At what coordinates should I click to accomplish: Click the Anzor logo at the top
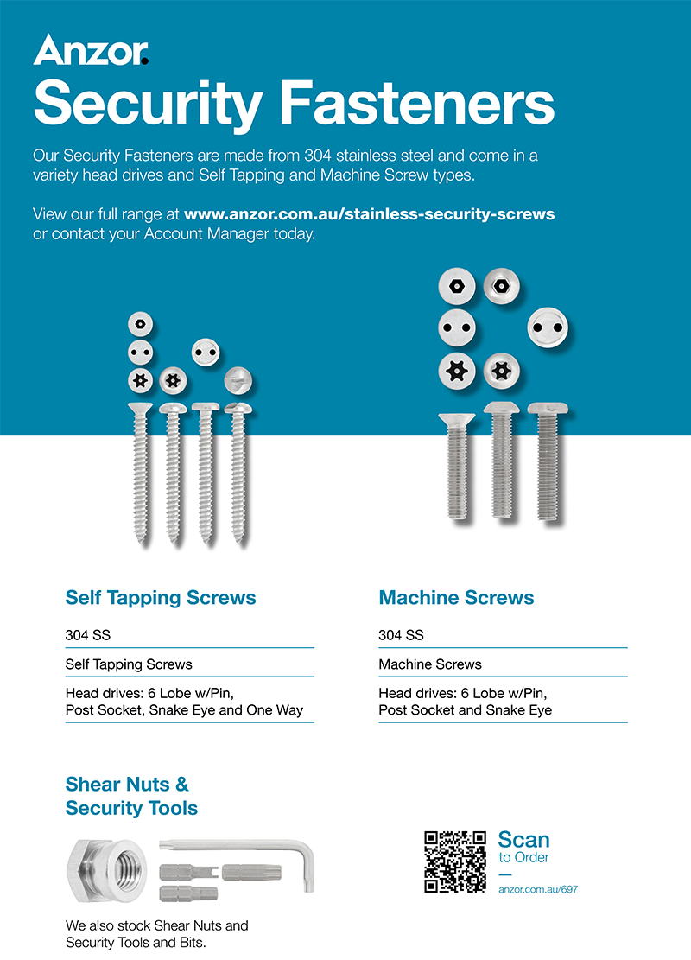(91, 50)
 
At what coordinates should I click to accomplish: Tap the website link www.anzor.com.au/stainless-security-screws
(370, 213)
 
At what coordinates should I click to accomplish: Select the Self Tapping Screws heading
(161, 598)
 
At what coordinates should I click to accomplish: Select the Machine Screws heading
(456, 598)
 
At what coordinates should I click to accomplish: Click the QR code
(455, 861)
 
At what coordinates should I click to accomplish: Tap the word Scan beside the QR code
(523, 839)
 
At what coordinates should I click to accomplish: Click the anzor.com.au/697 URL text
(538, 890)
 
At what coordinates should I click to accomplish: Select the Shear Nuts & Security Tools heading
(131, 797)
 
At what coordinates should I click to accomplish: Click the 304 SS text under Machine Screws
(401, 635)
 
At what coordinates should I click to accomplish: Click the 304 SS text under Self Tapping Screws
(88, 635)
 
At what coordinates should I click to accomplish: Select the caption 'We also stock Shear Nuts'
(156, 925)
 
